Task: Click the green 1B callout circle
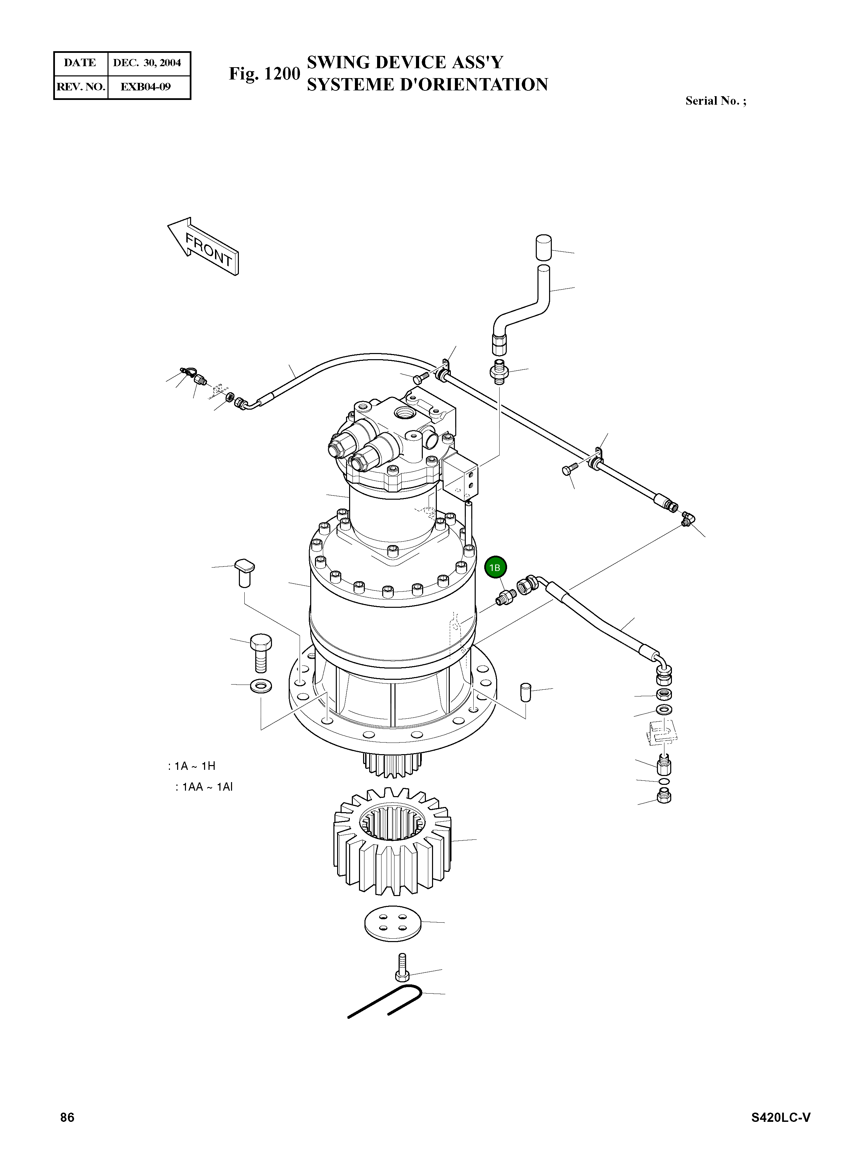point(495,568)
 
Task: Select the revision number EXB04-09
point(146,87)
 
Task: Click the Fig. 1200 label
point(264,74)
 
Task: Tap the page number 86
point(67,1117)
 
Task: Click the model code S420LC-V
point(780,1117)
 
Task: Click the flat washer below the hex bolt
point(261,686)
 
